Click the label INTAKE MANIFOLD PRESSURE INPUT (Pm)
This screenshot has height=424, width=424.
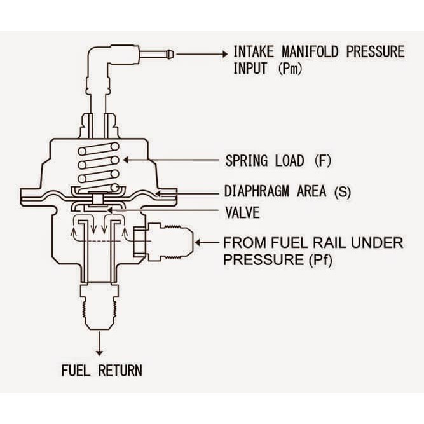click(x=318, y=60)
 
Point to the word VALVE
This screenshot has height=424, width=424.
click(x=242, y=212)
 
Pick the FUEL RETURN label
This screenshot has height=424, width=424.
click(x=102, y=370)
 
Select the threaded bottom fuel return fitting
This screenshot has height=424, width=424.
click(x=99, y=305)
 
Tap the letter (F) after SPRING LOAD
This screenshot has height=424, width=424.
click(x=322, y=160)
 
